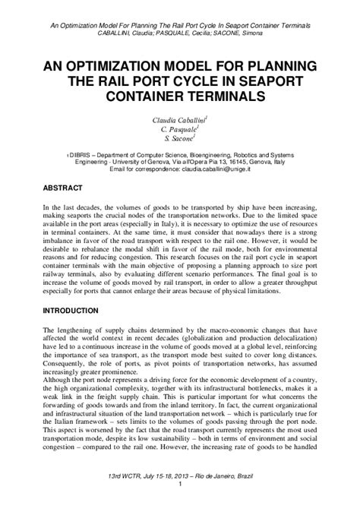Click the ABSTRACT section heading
62,186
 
